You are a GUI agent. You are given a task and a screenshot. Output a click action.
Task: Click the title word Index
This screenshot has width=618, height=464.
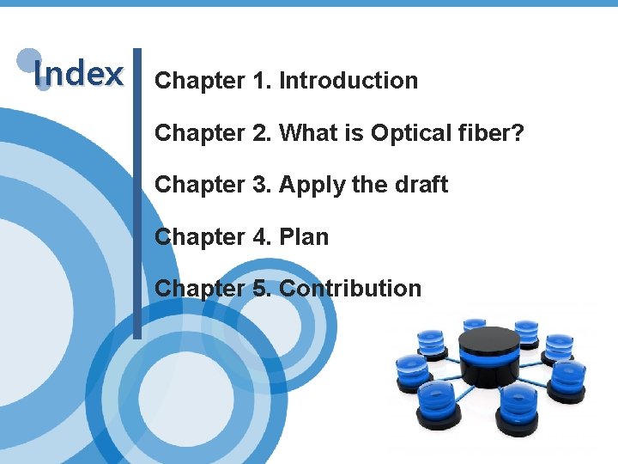pos(78,74)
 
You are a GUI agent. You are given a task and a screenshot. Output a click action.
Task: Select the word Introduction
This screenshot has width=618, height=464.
pos(348,81)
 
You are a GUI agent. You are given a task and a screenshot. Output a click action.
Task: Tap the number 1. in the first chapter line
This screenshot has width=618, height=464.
pos(263,81)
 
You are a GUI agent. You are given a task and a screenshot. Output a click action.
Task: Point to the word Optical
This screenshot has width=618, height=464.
pos(407,133)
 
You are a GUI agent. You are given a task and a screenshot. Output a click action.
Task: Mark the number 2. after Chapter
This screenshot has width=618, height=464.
pos(263,133)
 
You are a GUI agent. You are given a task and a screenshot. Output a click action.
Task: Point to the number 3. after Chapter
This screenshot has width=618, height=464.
pos(263,185)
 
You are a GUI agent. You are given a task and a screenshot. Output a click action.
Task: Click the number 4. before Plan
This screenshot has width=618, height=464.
pos(263,237)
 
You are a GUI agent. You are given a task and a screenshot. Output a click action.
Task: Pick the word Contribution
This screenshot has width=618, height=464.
pos(350,289)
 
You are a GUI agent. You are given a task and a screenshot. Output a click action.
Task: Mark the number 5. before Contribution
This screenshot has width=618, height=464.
pos(263,289)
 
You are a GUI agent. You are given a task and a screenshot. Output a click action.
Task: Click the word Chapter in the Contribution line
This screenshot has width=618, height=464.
pos(200,289)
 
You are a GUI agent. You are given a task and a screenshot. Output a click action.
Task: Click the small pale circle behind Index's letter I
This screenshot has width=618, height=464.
pos(29,59)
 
